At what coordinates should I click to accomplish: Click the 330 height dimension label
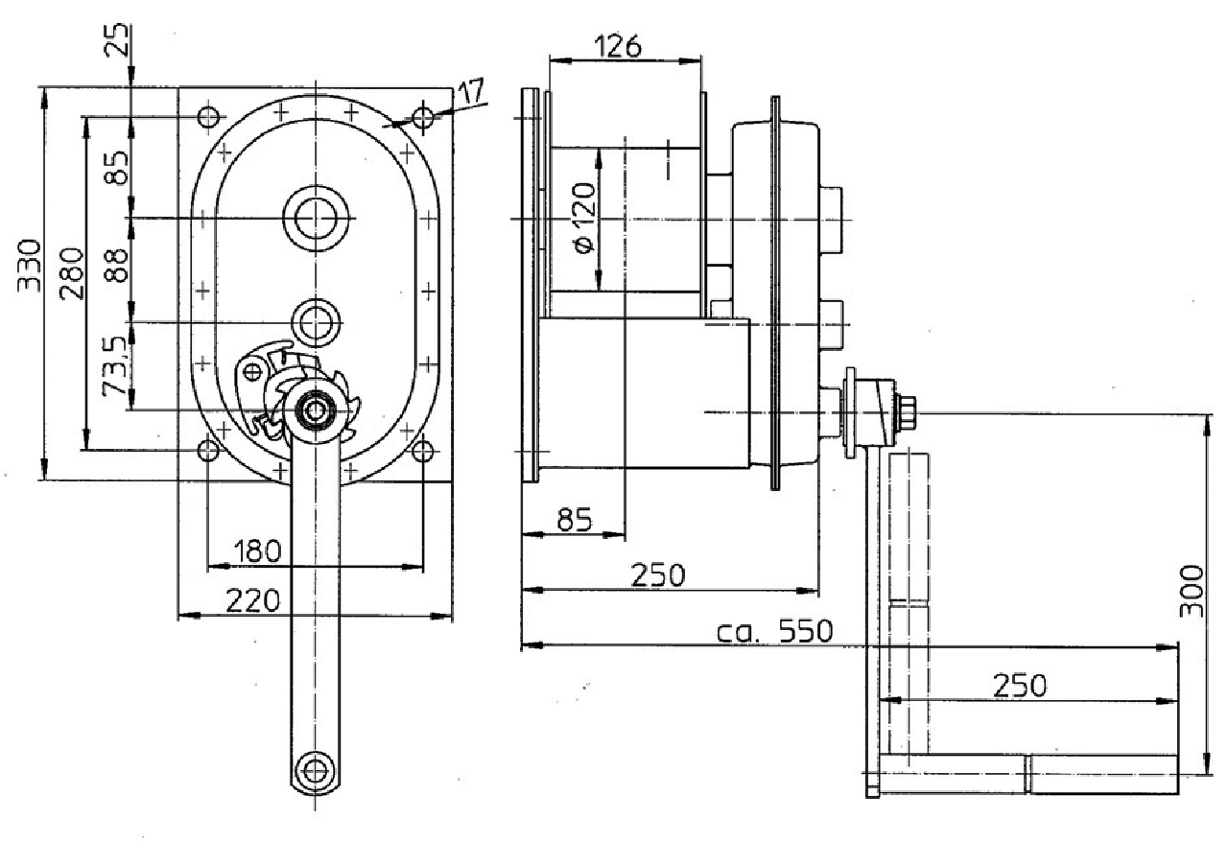[x=29, y=266]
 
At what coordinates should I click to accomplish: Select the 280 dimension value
[x=72, y=273]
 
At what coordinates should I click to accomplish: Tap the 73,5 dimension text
[x=116, y=365]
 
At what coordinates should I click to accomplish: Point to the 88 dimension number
[x=116, y=266]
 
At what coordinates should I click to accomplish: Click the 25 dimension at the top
[x=117, y=39]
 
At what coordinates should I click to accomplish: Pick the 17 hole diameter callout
[x=471, y=91]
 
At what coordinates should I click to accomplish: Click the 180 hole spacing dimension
[x=257, y=550]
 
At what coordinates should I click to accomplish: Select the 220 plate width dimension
[x=252, y=600]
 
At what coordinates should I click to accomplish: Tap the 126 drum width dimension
[x=617, y=46]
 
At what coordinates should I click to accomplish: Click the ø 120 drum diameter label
[x=583, y=218]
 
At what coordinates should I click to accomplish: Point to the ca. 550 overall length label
[x=774, y=631]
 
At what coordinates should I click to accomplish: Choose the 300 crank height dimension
[x=1192, y=592]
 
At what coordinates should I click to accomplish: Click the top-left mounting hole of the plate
[x=208, y=117]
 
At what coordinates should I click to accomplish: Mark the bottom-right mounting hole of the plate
[x=423, y=451]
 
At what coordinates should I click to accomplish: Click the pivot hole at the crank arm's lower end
[x=315, y=770]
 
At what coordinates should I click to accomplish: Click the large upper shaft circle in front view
[x=316, y=219]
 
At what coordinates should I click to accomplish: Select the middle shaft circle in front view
[x=316, y=323]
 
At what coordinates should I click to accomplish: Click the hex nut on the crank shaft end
[x=907, y=411]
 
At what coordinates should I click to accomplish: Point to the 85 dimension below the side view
[x=575, y=520]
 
